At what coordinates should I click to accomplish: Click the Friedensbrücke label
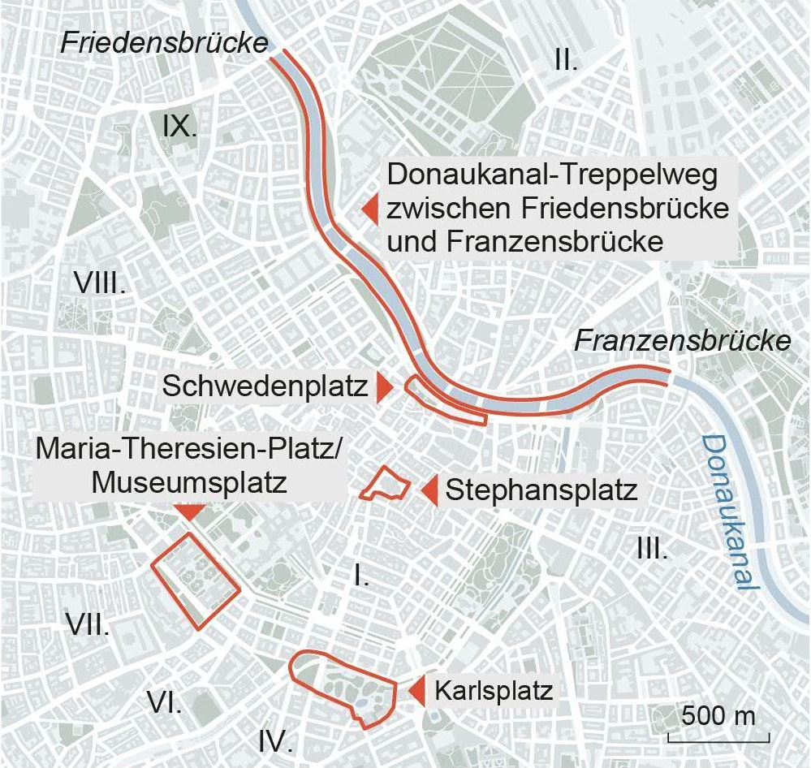pos(165,42)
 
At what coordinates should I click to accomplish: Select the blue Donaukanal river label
pos(730,512)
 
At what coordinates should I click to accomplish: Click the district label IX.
pos(179,127)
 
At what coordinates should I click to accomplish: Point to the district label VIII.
pos(100,283)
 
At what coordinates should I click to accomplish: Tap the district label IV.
pos(275,740)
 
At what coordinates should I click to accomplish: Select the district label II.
pos(566,58)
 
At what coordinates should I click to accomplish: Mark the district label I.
pos(362,576)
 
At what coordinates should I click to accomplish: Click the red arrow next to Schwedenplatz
pos(384,387)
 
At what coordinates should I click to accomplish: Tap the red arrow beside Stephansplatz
pos(429,490)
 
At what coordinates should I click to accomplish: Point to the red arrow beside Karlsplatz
pos(416,692)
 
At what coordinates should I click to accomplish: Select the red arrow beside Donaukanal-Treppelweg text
pos(370,209)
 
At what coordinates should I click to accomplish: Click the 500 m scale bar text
pos(718,717)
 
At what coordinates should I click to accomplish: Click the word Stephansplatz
pos(541,490)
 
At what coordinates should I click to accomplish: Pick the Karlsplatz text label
pos(494,692)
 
